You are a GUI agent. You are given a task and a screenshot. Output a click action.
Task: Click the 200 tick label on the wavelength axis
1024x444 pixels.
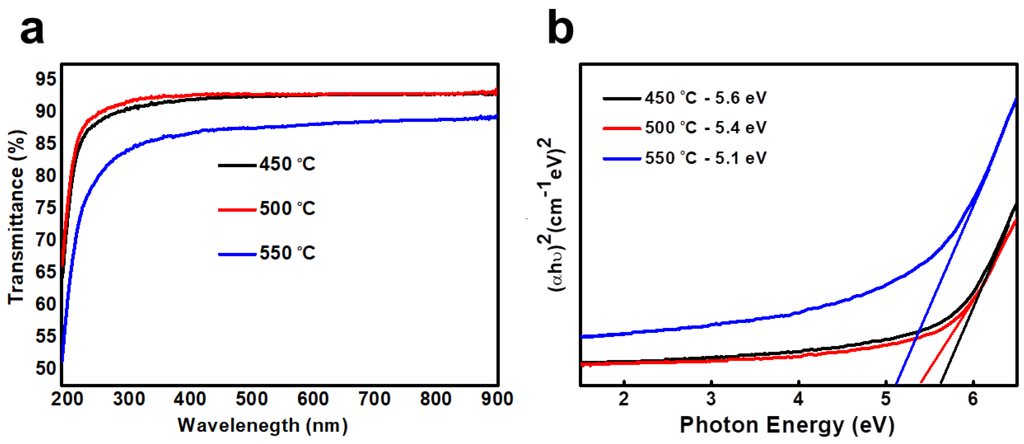click(67, 399)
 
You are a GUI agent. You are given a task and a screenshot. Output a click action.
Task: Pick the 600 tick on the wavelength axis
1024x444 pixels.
click(313, 399)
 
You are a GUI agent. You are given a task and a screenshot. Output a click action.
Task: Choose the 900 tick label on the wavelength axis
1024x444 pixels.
click(497, 399)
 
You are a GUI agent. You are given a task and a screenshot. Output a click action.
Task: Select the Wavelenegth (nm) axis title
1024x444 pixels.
click(263, 426)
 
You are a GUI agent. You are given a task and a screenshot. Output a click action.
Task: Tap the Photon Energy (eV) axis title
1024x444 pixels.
click(787, 425)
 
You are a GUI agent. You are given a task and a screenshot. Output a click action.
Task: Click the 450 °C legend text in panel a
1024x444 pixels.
click(288, 164)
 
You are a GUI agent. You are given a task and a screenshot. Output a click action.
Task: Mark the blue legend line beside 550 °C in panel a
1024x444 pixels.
click(237, 254)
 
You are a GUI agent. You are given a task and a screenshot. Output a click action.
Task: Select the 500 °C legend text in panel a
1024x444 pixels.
click(288, 208)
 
